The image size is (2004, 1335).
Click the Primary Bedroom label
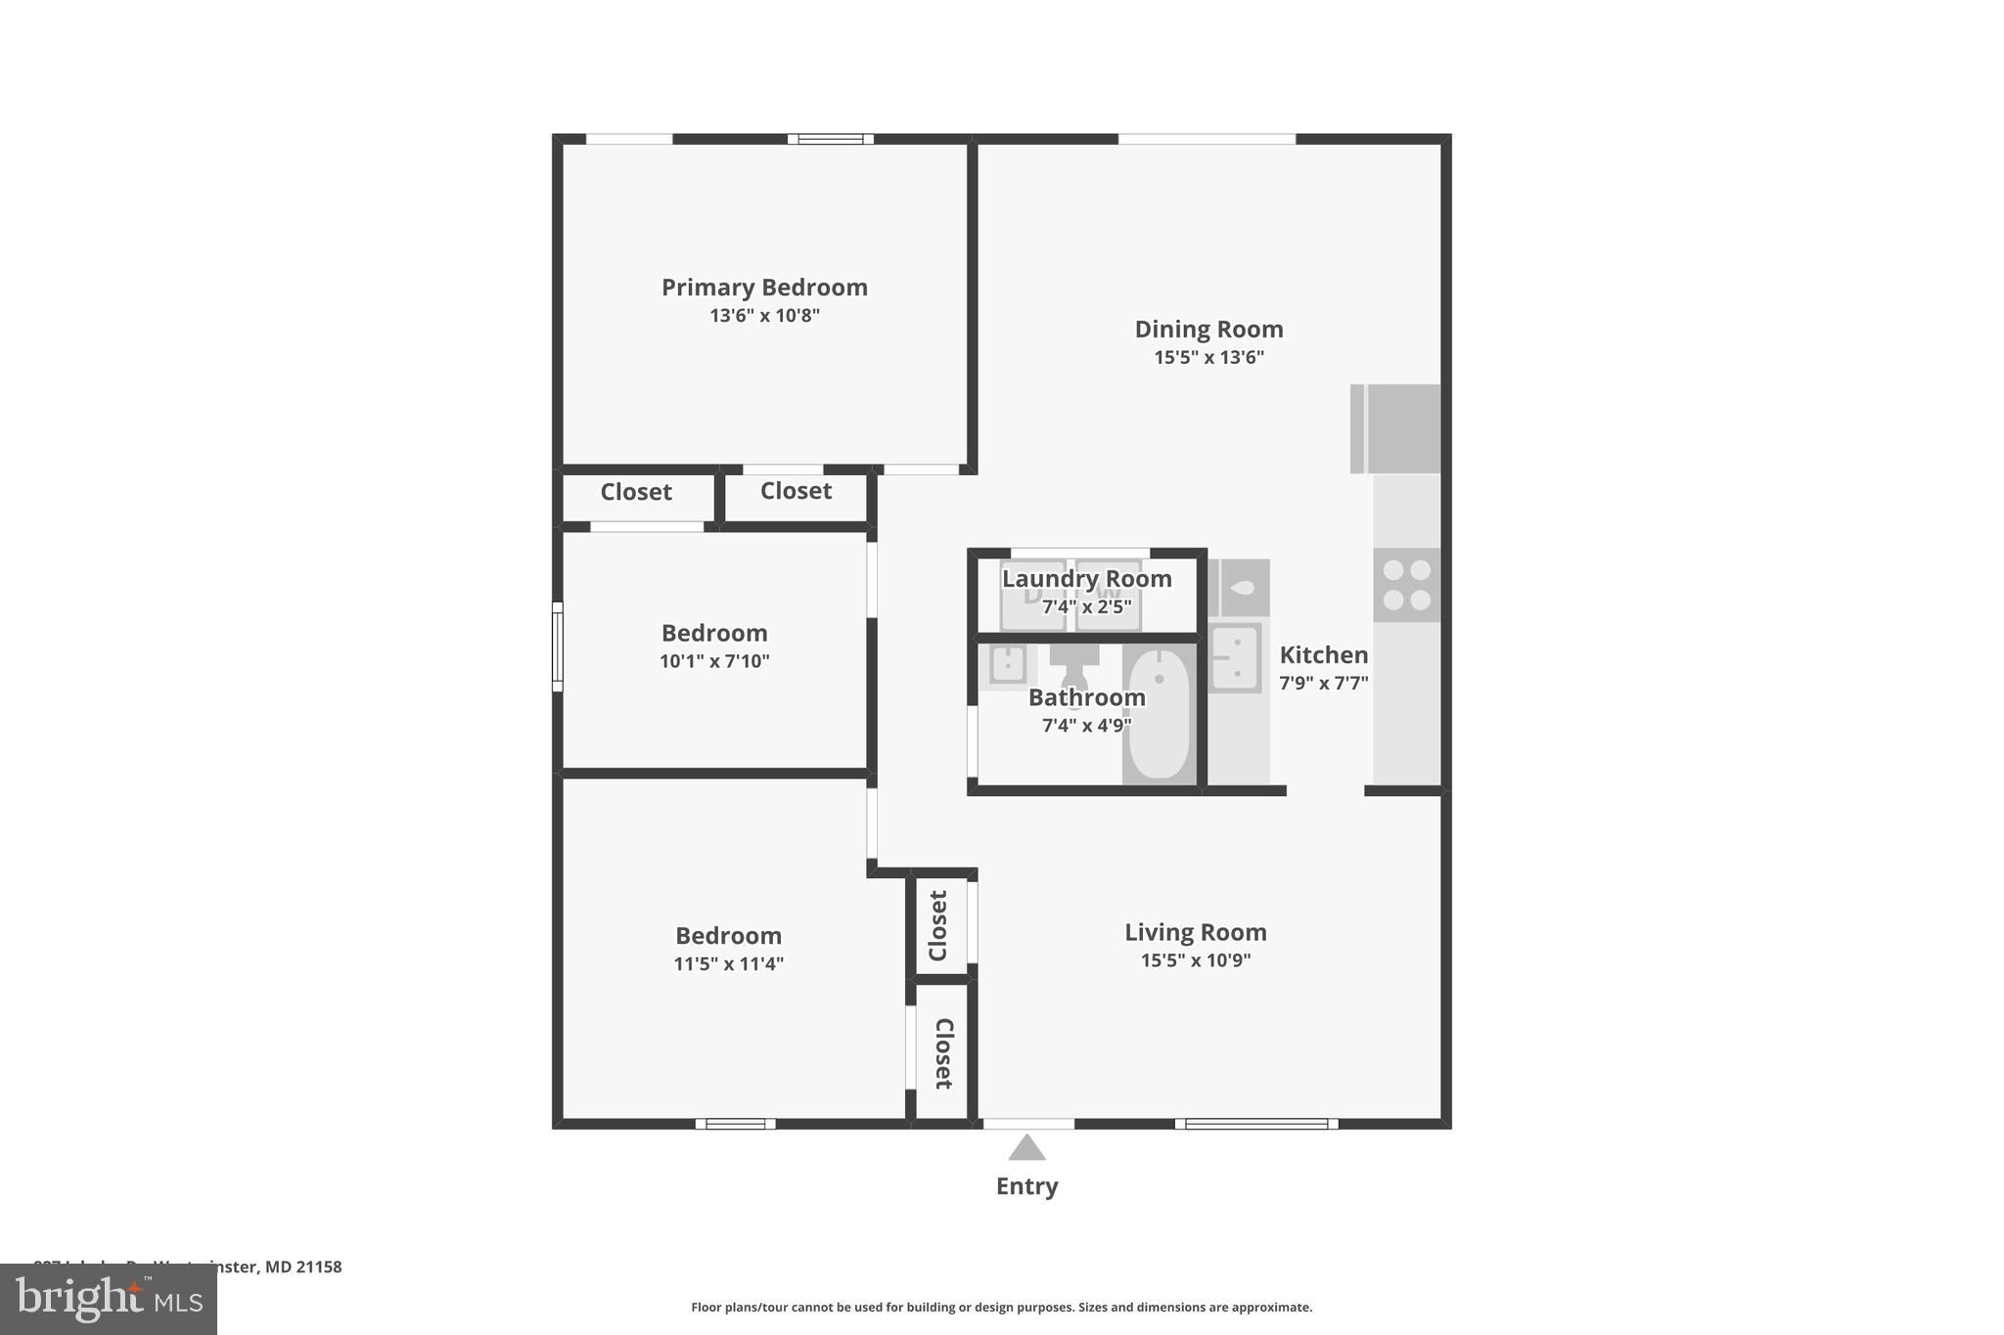(764, 288)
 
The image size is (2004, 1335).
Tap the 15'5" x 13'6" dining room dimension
(1208, 358)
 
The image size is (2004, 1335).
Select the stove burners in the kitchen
(1406, 585)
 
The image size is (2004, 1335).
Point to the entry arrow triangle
(1026, 1148)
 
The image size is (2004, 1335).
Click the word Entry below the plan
(1026, 1186)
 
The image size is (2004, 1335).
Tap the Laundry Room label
(1086, 579)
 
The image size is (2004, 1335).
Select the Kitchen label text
(1323, 655)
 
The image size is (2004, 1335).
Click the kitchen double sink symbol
(1235, 657)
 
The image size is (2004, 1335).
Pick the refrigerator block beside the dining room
(1395, 428)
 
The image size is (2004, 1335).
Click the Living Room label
(1195, 932)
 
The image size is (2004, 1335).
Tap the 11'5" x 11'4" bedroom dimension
(728, 964)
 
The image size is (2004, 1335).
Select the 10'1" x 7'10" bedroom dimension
(714, 661)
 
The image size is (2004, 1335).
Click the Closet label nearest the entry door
(942, 1053)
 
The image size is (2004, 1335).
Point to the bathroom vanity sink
(1007, 665)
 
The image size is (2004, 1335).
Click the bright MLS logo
(109, 1299)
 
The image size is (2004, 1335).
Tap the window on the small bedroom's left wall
(558, 646)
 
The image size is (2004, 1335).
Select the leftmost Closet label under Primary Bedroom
(636, 492)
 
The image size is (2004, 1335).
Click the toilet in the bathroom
(1074, 668)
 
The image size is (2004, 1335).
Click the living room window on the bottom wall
(1256, 1124)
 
